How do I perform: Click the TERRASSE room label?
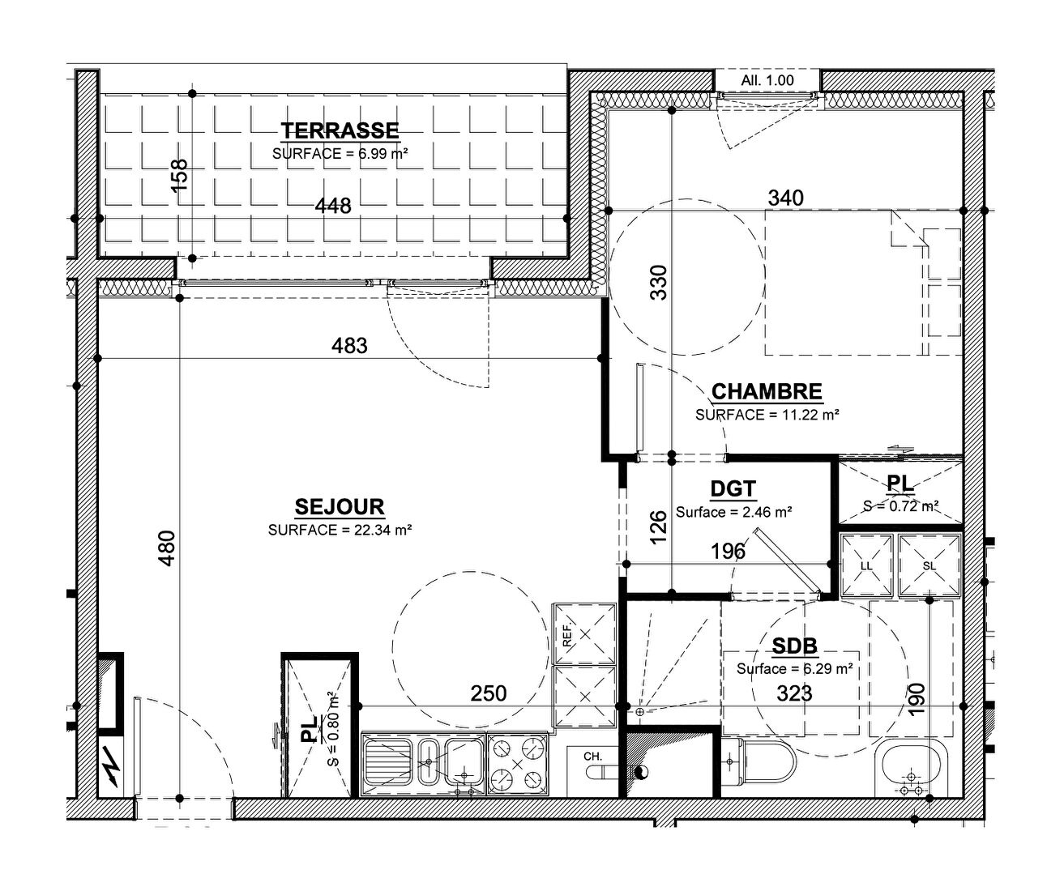click(340, 130)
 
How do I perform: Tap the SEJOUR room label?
click(340, 506)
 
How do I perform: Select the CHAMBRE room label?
click(767, 391)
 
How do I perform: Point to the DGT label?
click(733, 488)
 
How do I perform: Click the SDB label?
click(795, 646)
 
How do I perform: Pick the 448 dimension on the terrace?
click(333, 206)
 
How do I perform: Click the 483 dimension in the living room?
click(349, 345)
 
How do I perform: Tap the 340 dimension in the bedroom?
click(786, 198)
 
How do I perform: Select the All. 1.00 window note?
click(767, 80)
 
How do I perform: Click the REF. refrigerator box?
click(584, 634)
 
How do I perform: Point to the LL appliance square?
click(867, 566)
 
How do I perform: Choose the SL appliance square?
click(929, 566)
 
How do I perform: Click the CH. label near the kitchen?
click(592, 756)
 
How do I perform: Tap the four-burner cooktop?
click(518, 765)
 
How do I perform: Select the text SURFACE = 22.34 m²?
click(340, 530)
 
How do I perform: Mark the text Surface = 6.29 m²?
click(795, 668)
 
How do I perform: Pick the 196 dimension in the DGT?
click(728, 552)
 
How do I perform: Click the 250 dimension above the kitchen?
click(489, 693)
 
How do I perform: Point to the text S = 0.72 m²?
click(900, 506)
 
